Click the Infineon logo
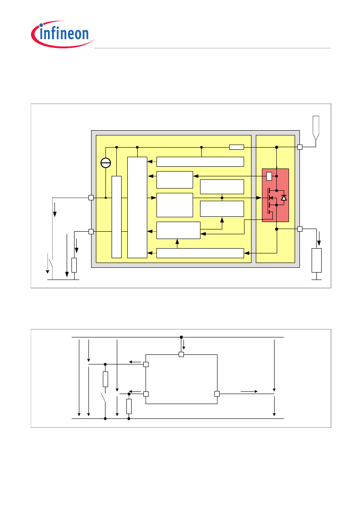[x=62, y=34]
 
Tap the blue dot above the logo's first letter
[x=41, y=25]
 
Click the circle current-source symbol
[x=105, y=163]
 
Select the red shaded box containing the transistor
[x=275, y=195]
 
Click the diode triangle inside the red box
[x=284, y=198]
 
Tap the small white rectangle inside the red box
[x=269, y=176]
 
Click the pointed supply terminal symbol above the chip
[x=316, y=127]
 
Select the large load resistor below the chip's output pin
[x=316, y=260]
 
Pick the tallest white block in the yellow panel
[x=137, y=207]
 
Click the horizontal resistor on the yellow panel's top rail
[x=237, y=147]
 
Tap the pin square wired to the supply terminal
[x=300, y=147]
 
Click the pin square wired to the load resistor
[x=300, y=229]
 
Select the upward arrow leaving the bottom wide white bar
[x=177, y=244]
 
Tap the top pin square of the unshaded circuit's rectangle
[x=181, y=354]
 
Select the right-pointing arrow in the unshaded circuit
[x=249, y=391]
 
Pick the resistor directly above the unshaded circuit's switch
[x=105, y=379]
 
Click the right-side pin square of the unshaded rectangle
[x=217, y=394]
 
